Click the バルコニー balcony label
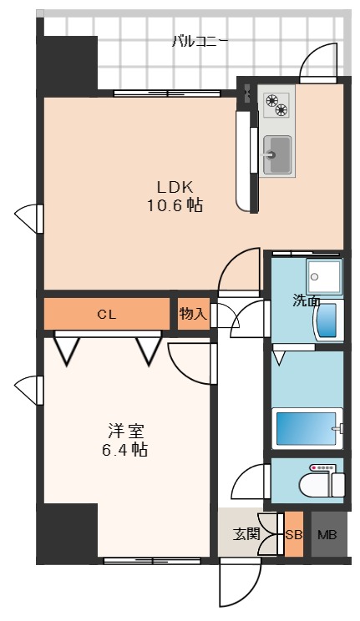[200, 41]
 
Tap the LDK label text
[175, 186]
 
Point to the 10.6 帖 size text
[175, 205]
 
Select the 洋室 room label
[126, 431]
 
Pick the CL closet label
[107, 315]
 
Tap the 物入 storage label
[193, 314]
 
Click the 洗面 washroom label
[306, 301]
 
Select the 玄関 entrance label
[246, 535]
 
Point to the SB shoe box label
[294, 535]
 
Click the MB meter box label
[327, 535]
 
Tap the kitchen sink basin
[277, 155]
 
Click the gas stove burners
[276, 104]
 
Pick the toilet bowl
[322, 483]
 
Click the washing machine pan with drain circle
[324, 276]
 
